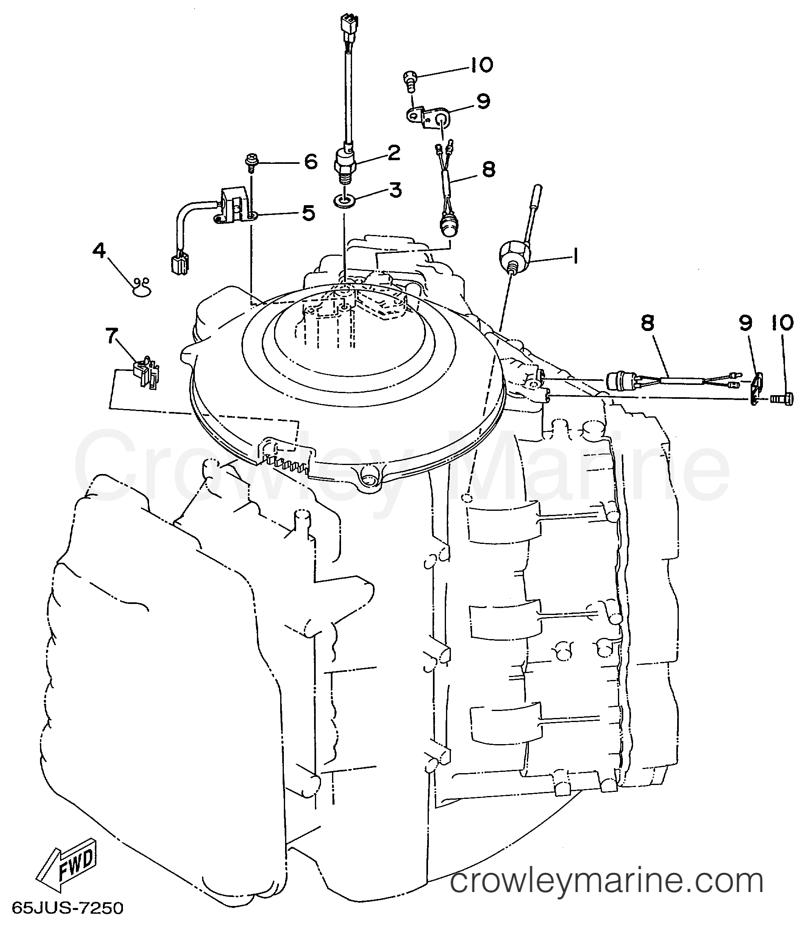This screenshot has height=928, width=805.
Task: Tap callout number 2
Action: click(394, 153)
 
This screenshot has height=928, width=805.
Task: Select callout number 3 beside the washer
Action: click(395, 190)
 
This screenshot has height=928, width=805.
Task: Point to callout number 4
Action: click(99, 250)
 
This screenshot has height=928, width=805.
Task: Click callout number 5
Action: click(308, 213)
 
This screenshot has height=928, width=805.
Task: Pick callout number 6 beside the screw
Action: click(310, 162)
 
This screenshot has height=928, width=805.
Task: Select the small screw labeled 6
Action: click(251, 162)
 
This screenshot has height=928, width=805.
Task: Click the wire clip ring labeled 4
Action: click(142, 287)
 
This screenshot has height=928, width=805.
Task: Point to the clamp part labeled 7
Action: click(147, 371)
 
